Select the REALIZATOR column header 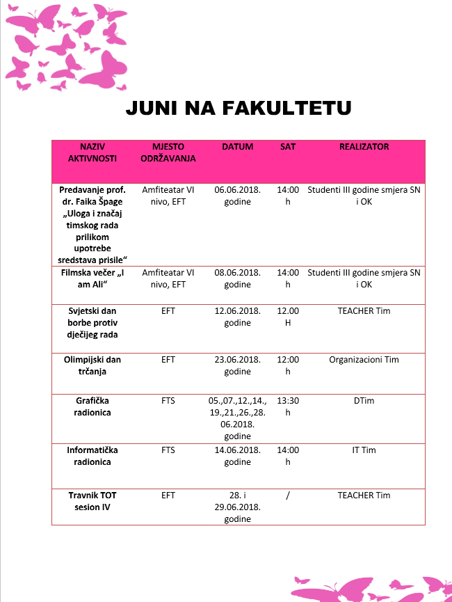(364, 147)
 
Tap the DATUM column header (237, 147)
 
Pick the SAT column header (287, 147)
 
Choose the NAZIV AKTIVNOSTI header (92, 152)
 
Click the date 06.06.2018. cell (237, 195)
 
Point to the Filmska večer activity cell (92, 278)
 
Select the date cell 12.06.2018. (237, 317)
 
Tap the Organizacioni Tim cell (364, 360)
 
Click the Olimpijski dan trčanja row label (92, 365)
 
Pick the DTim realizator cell (364, 401)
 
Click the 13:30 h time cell (287, 406)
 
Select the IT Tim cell (364, 450)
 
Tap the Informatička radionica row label (92, 456)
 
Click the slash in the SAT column (287, 496)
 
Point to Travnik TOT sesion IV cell (92, 501)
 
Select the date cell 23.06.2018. (237, 365)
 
